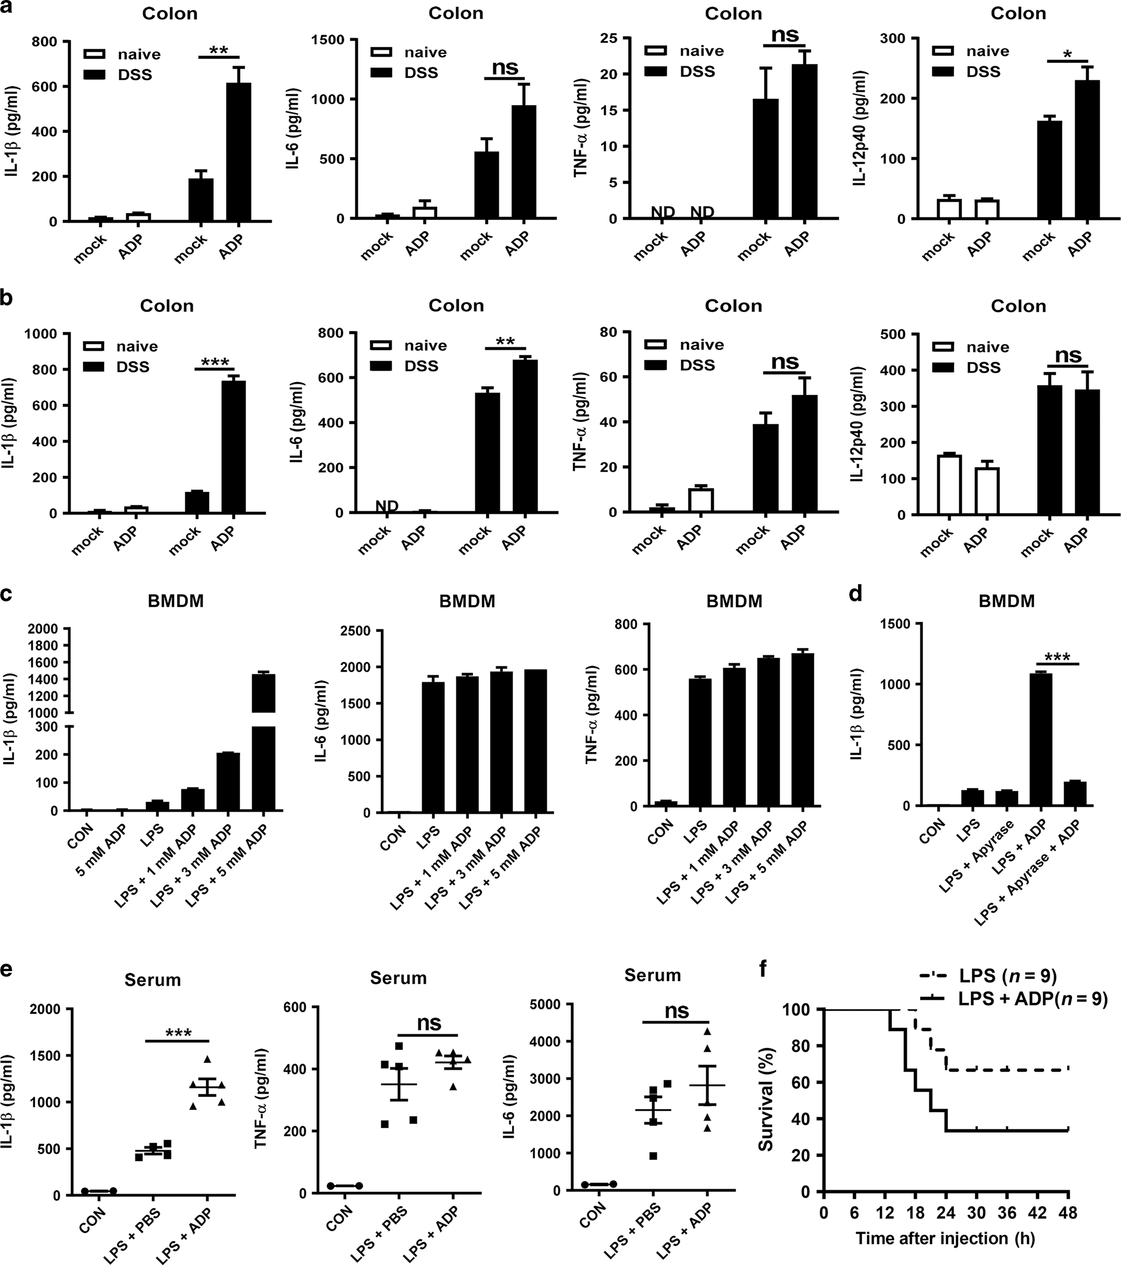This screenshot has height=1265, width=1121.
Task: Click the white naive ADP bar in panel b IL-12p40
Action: tap(987, 490)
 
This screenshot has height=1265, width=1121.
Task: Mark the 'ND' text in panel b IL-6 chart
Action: tap(387, 506)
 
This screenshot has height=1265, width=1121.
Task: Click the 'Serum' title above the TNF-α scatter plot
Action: tap(398, 978)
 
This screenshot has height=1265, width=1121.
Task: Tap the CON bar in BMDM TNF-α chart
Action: tap(666, 803)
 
